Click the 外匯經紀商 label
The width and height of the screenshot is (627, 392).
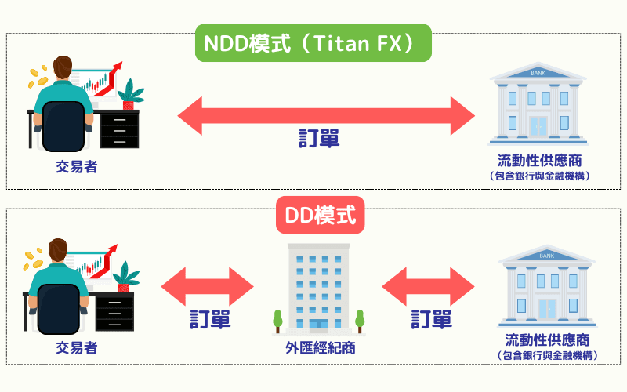(x=320, y=347)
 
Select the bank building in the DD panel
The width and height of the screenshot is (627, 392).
(x=548, y=286)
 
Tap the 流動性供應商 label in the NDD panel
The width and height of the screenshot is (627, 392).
(x=538, y=161)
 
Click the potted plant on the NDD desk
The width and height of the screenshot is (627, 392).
(x=131, y=94)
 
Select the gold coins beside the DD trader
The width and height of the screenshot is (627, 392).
(x=32, y=260)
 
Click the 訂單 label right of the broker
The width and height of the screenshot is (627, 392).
(x=432, y=319)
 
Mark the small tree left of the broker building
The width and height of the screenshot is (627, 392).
(x=277, y=321)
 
